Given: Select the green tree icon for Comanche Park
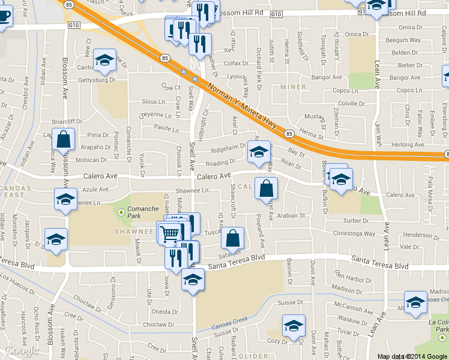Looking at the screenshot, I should [121, 212].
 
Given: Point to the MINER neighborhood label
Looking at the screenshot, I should [292, 87].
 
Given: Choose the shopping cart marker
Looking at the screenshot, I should [169, 233].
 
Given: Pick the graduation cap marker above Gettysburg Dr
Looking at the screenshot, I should [105, 60].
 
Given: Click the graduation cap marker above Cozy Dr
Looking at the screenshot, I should [294, 326].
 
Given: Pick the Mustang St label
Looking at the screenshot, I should [314, 116].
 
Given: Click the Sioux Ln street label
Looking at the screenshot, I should [152, 102].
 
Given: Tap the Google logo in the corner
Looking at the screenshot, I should [22, 350].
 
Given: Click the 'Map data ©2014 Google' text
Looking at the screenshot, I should [412, 356].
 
